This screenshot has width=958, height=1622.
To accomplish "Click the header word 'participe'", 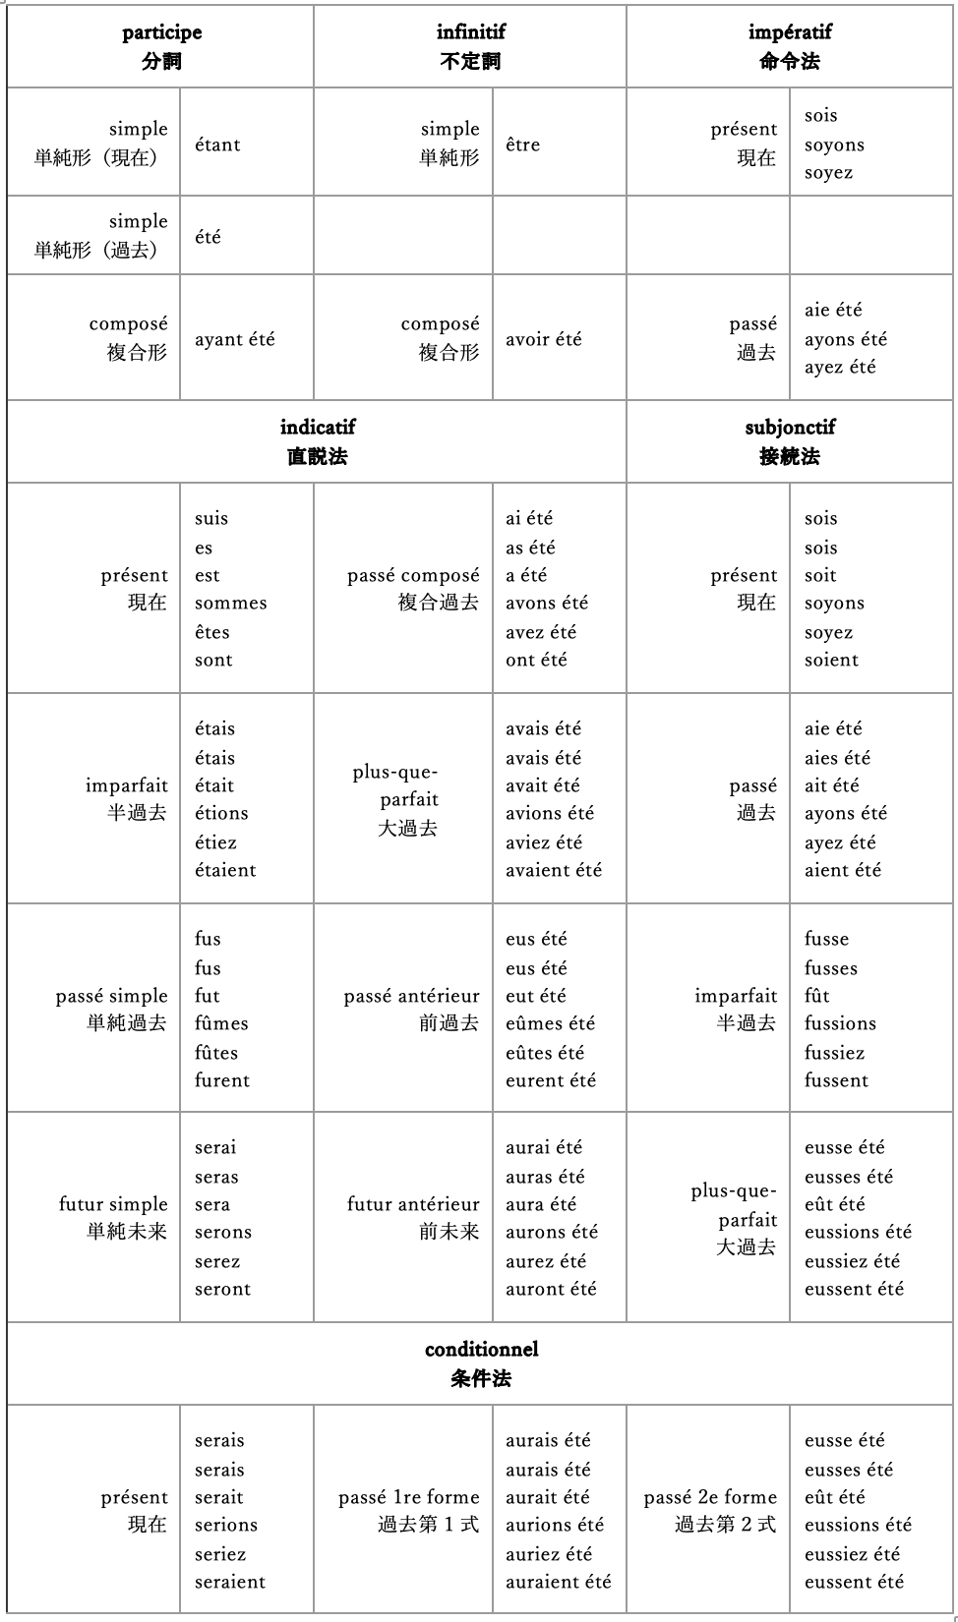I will point(161,32).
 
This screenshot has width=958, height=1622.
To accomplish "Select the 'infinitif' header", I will point(470,32).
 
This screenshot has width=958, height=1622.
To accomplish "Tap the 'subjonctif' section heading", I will point(790,428).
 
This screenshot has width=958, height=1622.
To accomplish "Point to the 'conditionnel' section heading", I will point(481,1350).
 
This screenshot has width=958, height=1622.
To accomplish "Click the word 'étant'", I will point(217,145).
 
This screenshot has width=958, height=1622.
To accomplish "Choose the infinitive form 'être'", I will point(522,145).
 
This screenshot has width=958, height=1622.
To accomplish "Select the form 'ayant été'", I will point(234,339).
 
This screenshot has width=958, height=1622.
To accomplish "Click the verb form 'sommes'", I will point(230,604).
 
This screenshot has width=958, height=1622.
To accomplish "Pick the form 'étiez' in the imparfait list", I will point(215,842).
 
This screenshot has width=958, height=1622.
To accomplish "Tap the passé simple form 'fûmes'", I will point(221,1023).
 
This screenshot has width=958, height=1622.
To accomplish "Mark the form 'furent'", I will point(222,1080).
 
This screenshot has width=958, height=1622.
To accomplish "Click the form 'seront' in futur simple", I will point(222,1289).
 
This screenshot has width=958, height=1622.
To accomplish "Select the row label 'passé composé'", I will point(413,575).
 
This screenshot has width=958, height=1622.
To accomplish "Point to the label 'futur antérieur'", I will point(413,1204).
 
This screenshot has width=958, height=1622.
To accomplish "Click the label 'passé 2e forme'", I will point(710,1497).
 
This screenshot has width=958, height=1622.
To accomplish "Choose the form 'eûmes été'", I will point(551,1023).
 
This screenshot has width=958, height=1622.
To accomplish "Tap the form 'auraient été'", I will point(558,1582).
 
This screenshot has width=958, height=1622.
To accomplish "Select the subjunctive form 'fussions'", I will point(840,1023).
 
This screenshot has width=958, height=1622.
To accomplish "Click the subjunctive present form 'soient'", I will point(831,660).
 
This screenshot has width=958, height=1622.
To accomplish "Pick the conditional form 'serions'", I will point(226,1525).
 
